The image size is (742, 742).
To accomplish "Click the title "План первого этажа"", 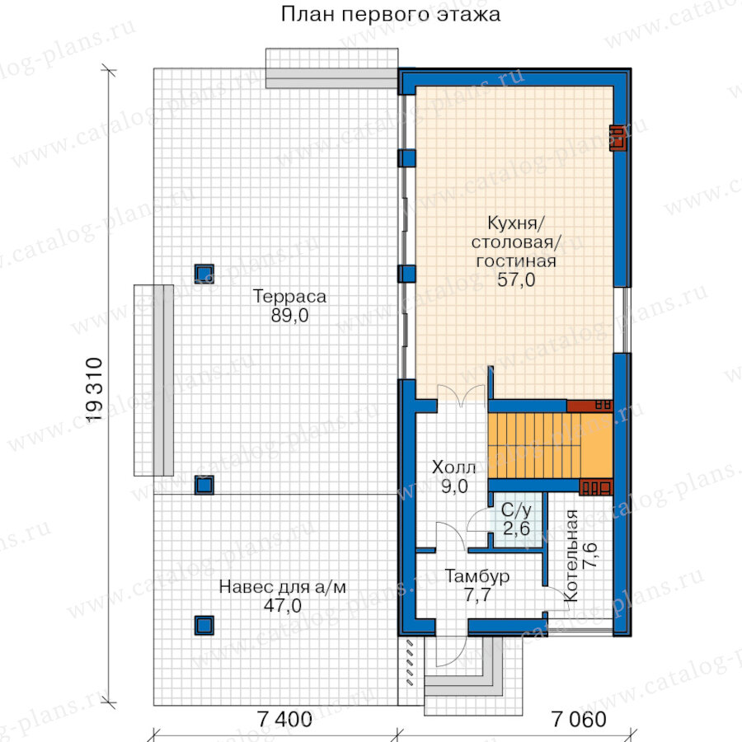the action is [x=391, y=14].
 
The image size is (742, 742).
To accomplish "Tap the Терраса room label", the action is [x=289, y=297].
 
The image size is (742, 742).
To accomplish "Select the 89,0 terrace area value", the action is [x=289, y=315].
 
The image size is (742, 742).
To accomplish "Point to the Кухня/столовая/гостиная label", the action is [x=516, y=242].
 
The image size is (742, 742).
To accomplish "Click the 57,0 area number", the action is [x=516, y=279].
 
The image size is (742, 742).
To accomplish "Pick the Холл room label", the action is [x=453, y=467].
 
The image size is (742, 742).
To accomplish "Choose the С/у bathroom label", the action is [x=516, y=510].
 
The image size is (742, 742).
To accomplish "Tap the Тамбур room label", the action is [x=477, y=576].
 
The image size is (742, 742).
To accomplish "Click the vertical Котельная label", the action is [x=571, y=556].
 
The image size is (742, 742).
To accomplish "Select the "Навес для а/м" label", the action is [x=283, y=587].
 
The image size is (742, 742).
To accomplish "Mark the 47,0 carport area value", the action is [x=283, y=606].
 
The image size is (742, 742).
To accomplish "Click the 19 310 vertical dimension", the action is [x=95, y=389].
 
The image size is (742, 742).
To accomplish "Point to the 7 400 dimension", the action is [x=284, y=719].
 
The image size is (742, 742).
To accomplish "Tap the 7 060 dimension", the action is [x=579, y=719].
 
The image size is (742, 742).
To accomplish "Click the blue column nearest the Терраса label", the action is [x=204, y=274].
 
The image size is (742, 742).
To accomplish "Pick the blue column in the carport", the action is [x=204, y=625].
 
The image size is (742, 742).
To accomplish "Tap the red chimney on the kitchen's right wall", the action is [x=618, y=138].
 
